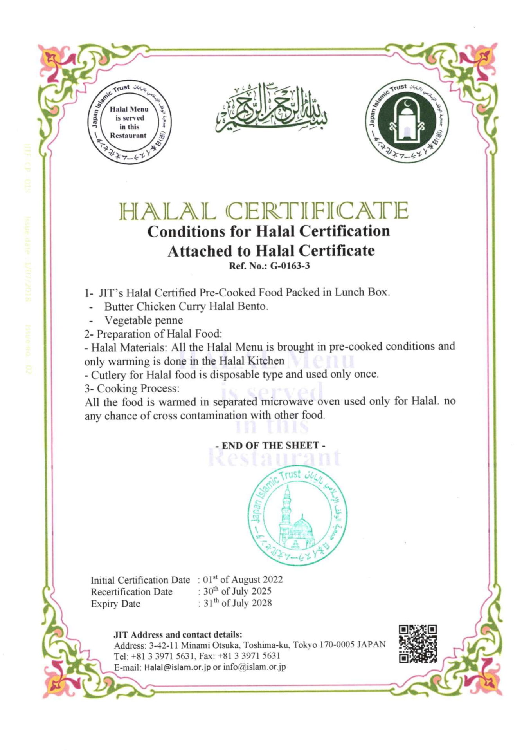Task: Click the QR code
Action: (x=418, y=644)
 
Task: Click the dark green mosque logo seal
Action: (x=407, y=122)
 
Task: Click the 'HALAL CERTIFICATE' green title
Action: (x=264, y=211)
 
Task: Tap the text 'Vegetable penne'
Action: (x=144, y=320)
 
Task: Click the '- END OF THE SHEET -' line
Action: (x=270, y=445)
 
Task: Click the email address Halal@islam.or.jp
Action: (x=178, y=667)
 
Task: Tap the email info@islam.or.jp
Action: (x=254, y=667)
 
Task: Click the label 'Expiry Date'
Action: (x=115, y=604)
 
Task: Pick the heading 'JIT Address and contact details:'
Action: (x=178, y=634)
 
